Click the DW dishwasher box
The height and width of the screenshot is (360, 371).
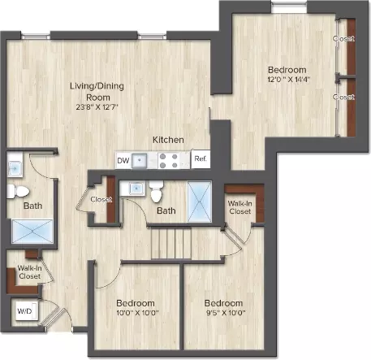[123, 160]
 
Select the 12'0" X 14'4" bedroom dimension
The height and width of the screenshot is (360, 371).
[287, 80]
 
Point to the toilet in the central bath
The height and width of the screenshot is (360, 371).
[156, 192]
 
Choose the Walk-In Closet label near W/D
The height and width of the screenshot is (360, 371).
[30, 271]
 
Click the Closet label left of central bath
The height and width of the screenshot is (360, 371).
[101, 199]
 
